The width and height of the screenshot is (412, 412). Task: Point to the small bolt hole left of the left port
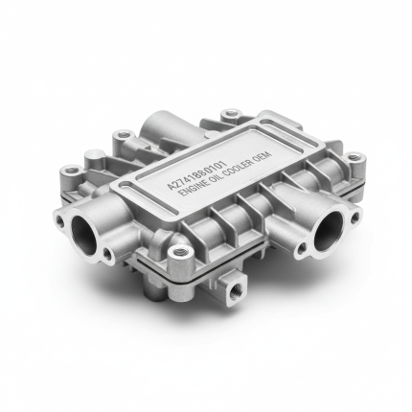[x=59, y=219]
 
